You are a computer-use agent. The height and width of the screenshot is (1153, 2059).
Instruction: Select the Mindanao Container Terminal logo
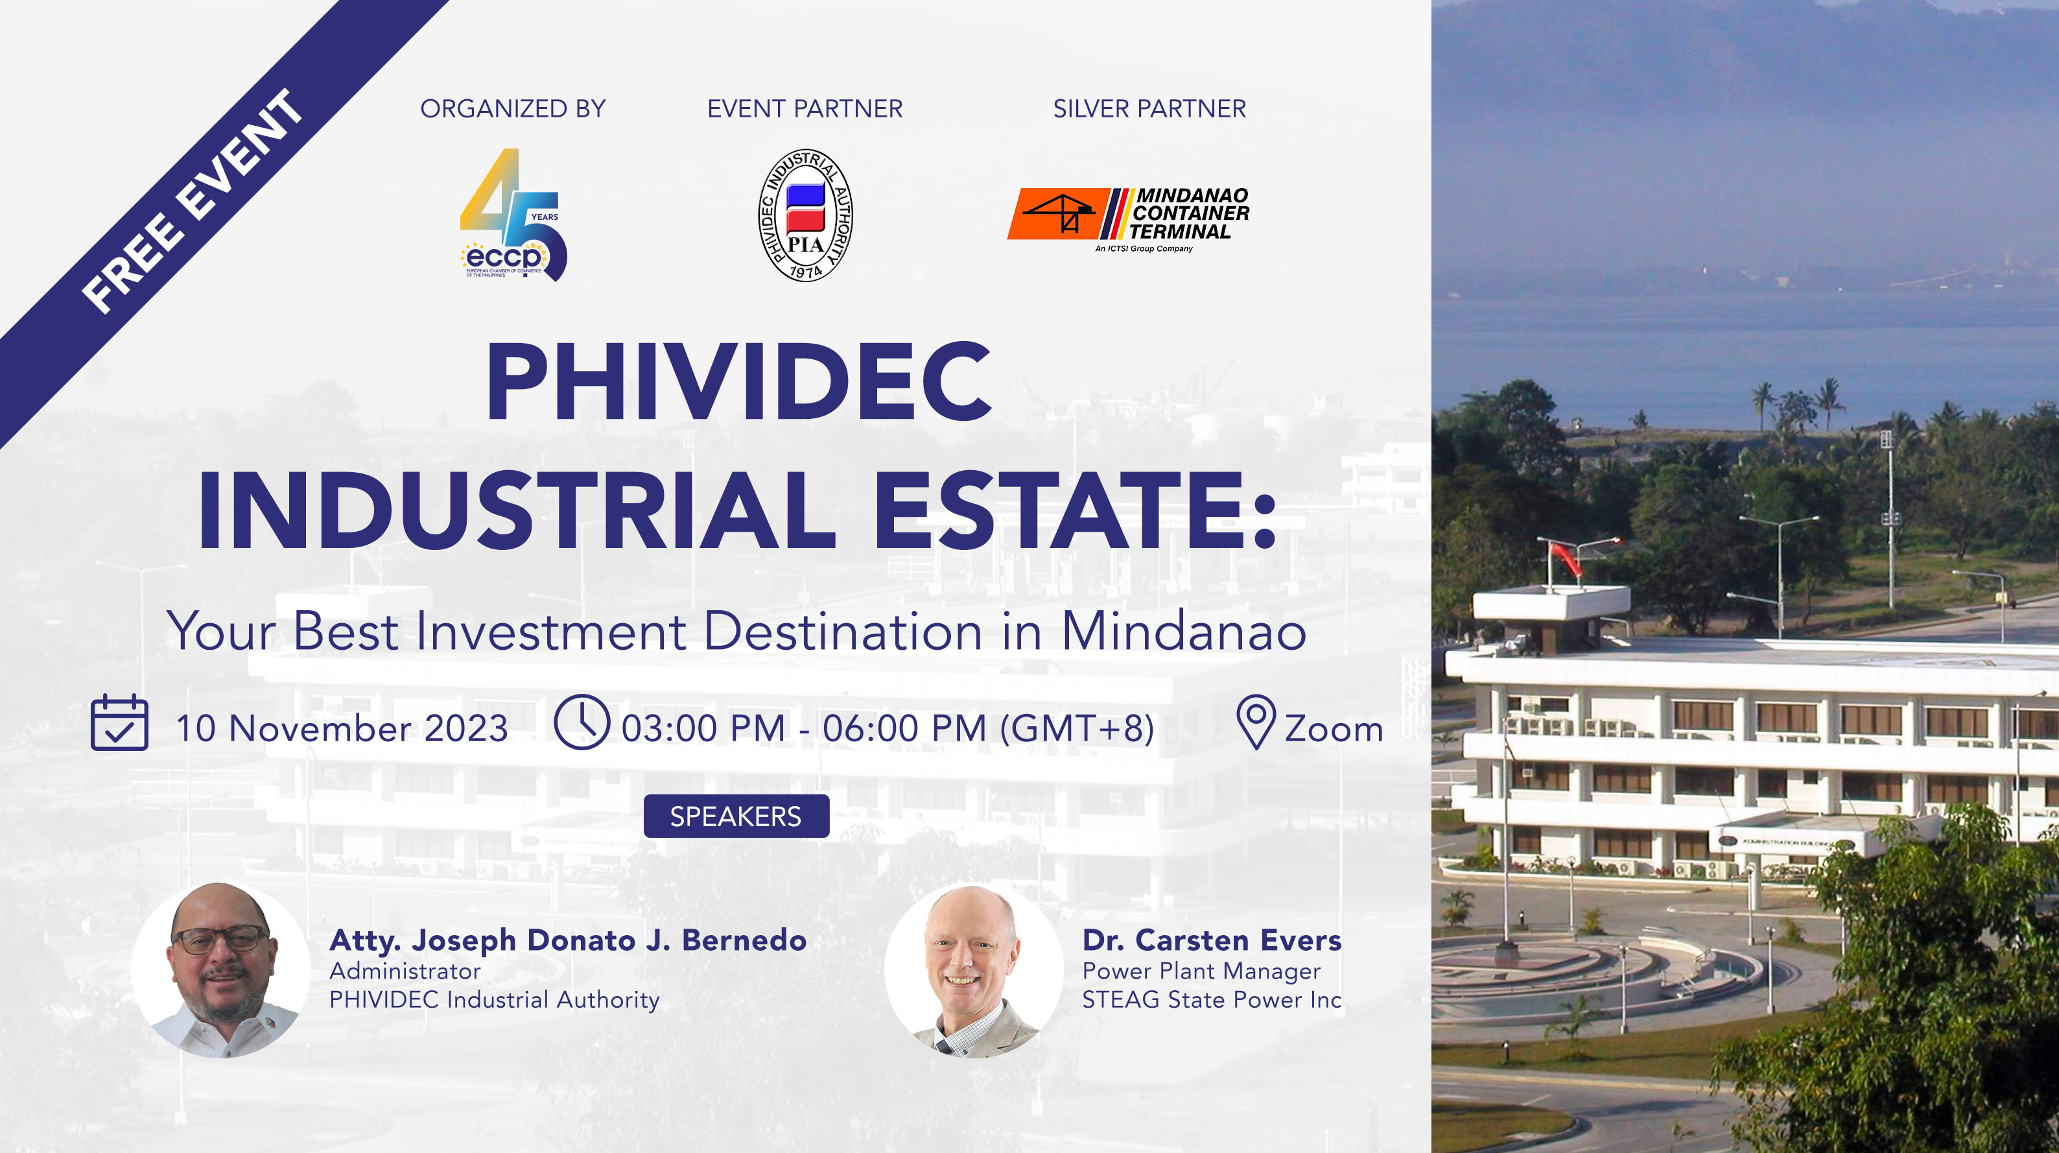coord(1129,217)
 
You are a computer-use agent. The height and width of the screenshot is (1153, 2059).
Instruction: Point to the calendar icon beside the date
coord(119,723)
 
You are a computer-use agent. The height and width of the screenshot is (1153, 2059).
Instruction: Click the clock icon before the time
coord(581,722)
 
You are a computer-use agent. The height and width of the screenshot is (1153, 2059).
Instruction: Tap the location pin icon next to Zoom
coord(1256,721)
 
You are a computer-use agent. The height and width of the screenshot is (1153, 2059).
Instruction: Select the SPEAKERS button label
coord(735,816)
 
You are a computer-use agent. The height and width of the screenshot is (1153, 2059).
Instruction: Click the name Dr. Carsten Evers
coord(1211,940)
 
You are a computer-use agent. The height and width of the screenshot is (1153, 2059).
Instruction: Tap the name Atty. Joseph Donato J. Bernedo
coord(567,940)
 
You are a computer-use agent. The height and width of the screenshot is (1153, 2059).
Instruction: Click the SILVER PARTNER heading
coord(1149,109)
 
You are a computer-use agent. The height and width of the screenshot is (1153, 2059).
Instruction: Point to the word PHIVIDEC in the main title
coord(738,381)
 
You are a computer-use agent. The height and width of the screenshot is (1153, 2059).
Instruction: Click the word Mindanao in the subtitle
coord(1184,632)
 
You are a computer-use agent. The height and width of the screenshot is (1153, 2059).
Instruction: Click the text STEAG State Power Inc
coord(1211,999)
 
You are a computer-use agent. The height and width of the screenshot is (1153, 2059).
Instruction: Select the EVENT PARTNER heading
coord(805,109)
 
